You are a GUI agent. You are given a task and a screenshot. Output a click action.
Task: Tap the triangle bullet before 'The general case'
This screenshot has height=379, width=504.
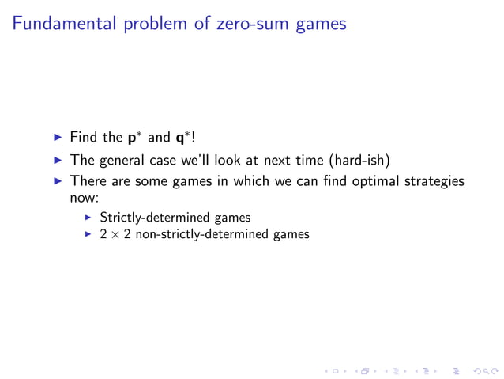coord(56,160)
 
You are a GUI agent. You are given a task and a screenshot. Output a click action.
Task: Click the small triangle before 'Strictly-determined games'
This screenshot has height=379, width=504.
coord(89,217)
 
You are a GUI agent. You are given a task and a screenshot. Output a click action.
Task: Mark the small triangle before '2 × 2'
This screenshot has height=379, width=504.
coord(89,234)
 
